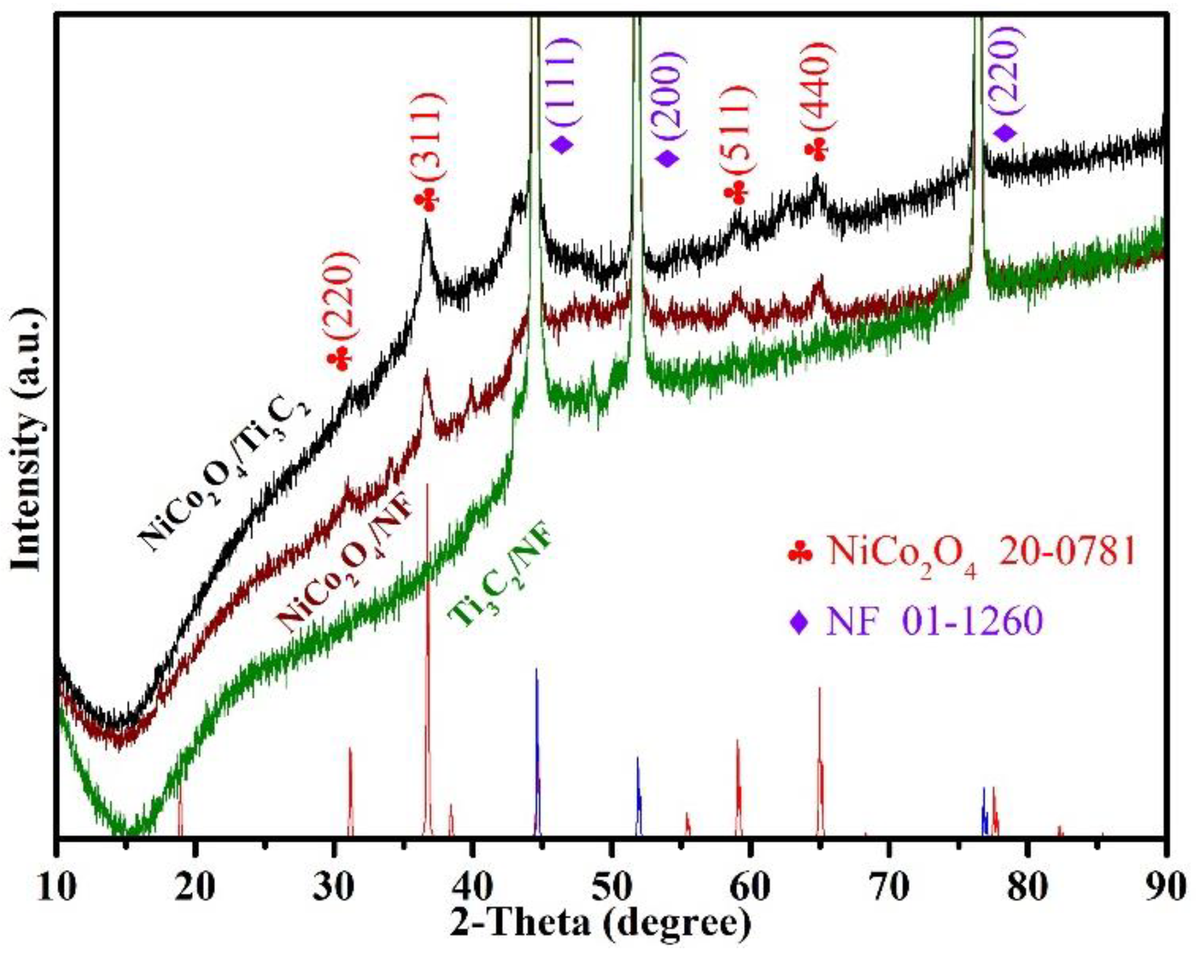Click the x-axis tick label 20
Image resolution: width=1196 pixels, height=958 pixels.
[x=196, y=887]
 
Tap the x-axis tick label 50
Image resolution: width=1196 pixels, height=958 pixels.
[x=611, y=887]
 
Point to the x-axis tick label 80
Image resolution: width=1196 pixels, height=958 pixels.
[x=1027, y=887]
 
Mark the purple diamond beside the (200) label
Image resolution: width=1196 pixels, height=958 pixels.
[x=668, y=158]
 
